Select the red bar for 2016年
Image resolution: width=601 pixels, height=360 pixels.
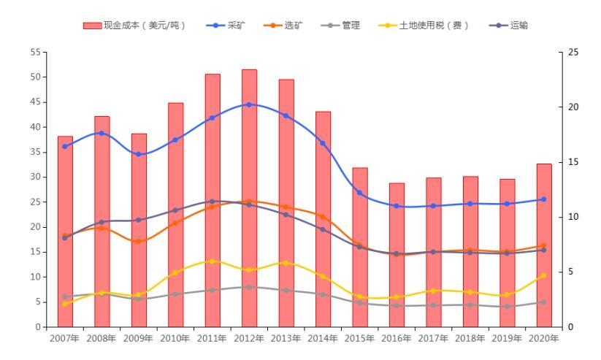[x=397, y=255]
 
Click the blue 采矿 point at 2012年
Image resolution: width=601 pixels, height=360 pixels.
[x=249, y=104]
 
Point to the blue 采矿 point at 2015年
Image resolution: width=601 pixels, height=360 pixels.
[x=359, y=193]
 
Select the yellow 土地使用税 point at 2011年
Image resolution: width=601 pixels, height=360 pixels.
[x=213, y=261]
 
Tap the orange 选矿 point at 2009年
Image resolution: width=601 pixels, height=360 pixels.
[x=139, y=242]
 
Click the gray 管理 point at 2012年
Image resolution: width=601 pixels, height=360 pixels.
[x=249, y=287]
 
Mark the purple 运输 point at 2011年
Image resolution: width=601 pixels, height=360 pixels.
[x=213, y=202]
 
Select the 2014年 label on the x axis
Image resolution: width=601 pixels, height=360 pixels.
[x=323, y=338]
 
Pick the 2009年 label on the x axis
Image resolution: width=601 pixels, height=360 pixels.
[x=139, y=338]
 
